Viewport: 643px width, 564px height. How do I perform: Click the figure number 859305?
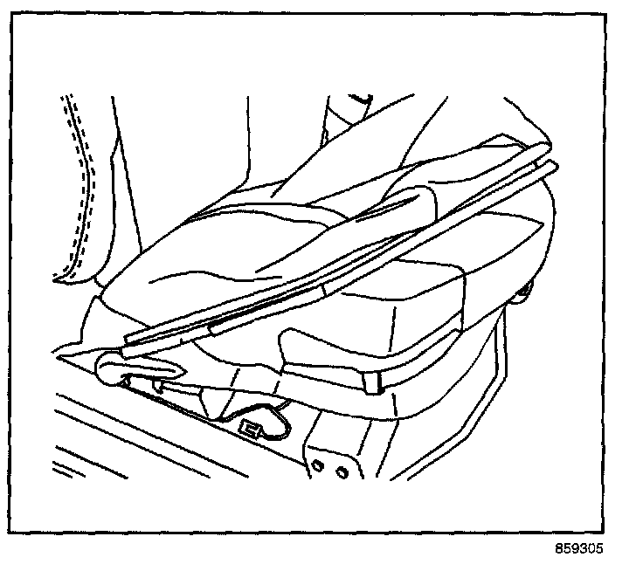[578, 549]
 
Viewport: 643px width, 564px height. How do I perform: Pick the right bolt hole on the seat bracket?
[342, 471]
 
